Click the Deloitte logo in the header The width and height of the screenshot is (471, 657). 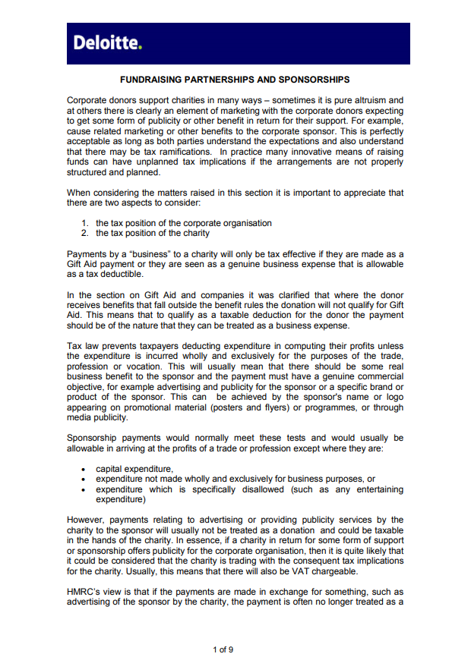point(107,43)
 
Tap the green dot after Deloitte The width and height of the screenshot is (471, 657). point(140,48)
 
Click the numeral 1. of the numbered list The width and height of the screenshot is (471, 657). point(85,223)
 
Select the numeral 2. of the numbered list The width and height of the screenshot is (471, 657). point(85,233)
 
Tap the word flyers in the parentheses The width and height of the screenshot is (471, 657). point(277,407)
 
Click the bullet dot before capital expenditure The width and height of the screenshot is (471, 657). point(83,469)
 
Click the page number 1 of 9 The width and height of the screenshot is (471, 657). point(223,649)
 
